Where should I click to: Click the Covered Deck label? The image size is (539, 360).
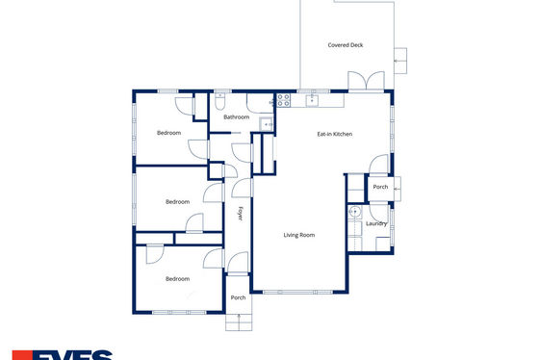coord(346,45)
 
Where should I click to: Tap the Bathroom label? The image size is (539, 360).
coord(236,117)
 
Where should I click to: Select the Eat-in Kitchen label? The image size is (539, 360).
coord(335,134)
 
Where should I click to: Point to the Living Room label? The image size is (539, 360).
coord(298,235)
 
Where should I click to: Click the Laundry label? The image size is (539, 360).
coord(376,224)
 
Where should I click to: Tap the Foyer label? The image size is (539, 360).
coord(241,214)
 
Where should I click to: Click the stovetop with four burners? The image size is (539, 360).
coord(284,100)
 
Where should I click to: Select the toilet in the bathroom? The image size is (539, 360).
coord(220,101)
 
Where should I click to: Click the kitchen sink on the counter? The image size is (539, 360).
coord(312,100)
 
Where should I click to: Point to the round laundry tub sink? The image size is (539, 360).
coord(355,212)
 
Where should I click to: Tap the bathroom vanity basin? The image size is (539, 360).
coord(266,124)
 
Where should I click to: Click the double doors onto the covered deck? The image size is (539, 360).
coord(366,81)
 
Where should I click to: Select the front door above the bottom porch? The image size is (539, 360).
coord(238,263)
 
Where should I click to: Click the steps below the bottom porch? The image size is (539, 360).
coord(239,322)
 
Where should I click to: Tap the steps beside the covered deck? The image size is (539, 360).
coord(400,61)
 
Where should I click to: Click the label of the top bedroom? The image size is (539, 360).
coord(168,133)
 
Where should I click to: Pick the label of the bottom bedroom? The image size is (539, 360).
coord(177,279)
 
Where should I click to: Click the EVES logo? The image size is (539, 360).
coord(63,355)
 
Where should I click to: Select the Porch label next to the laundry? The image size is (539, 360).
coord(380,187)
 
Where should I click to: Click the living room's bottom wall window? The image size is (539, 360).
coord(297,293)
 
